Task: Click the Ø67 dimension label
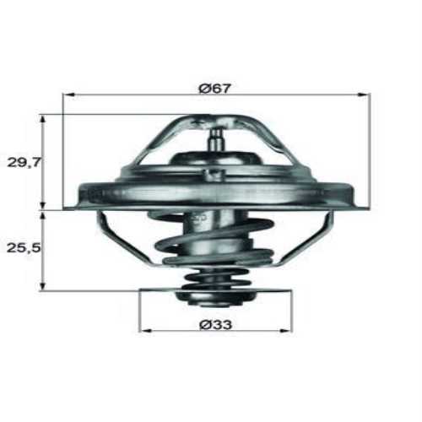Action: point(217,86)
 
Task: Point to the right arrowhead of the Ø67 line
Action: point(366,95)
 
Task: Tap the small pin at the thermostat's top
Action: point(216,135)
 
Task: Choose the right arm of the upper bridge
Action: point(279,143)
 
